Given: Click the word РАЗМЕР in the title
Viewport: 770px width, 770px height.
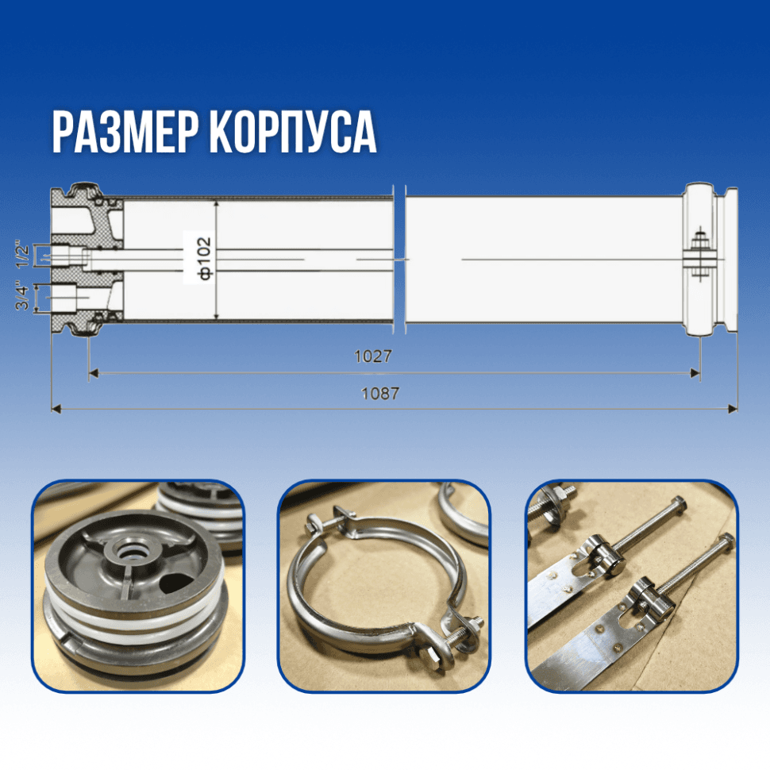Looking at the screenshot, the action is pos(125,133).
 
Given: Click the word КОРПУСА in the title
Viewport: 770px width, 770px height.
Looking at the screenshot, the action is pos(293,133).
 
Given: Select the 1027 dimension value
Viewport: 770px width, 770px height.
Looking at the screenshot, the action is pos(373,356).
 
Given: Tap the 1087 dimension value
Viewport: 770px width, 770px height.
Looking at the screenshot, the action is pos(380,394).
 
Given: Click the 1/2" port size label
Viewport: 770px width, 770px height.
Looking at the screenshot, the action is pos(22,254).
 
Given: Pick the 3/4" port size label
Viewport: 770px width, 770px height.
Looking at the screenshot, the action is pos(22,295).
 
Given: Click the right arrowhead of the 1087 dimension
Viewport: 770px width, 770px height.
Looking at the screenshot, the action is pos(732,409).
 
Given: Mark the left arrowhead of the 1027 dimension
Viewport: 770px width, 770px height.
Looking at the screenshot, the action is pos(94,374).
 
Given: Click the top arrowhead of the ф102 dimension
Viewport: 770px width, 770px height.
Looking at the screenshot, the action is pos(217,205).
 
